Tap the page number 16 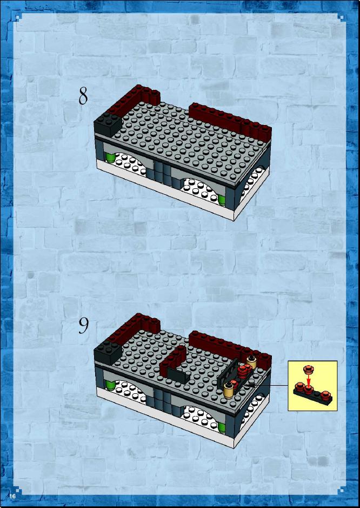[12, 496]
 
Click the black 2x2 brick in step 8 [108, 125]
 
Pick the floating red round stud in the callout [308, 369]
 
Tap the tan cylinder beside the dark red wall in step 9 [251, 362]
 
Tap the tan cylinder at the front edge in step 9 [229, 390]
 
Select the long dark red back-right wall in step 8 [230, 121]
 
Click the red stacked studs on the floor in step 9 [243, 371]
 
